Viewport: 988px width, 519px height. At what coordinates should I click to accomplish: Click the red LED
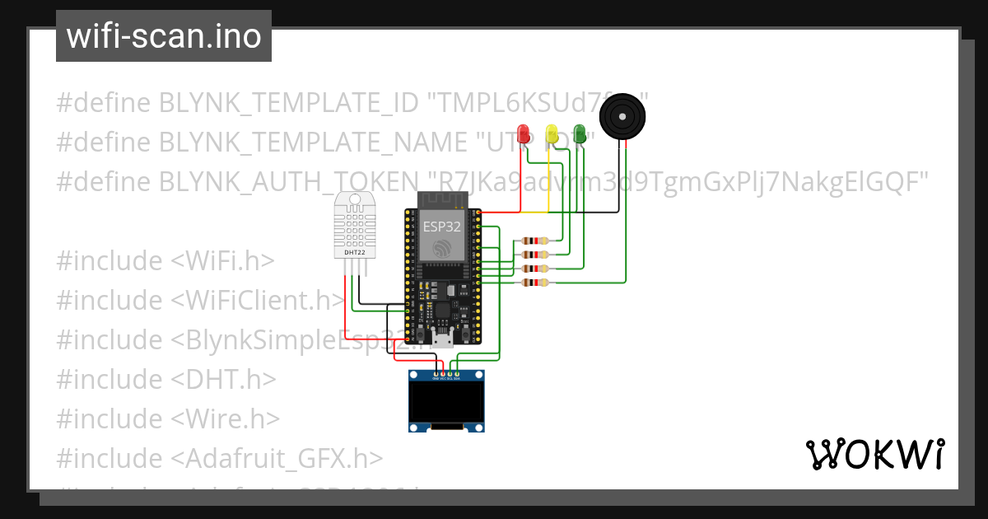(523, 133)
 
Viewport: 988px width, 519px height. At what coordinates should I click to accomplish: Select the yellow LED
(552, 133)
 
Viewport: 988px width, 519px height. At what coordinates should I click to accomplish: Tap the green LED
(580, 133)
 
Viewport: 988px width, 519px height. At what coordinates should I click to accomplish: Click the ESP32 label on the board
(442, 225)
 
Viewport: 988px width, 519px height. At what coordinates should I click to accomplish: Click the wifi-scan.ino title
(164, 36)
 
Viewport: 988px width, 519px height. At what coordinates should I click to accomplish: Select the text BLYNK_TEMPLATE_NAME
(314, 142)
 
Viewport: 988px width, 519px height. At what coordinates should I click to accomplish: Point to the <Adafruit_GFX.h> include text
(277, 458)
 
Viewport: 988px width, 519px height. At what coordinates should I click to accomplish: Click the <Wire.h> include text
(226, 418)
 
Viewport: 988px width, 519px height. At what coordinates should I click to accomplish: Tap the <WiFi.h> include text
(222, 260)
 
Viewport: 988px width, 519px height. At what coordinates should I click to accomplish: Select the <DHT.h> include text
(223, 379)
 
